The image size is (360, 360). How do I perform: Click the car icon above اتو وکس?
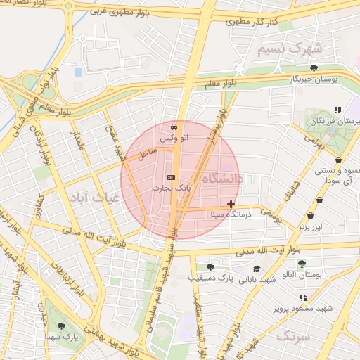pyautogui.click(x=173, y=128)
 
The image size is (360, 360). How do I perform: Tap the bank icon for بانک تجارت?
pyautogui.click(x=170, y=178)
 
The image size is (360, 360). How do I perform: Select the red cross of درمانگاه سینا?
pyautogui.click(x=231, y=204)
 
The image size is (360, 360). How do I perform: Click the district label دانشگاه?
pyautogui.click(x=221, y=180)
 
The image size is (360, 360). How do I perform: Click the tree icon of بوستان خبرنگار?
pyautogui.click(x=313, y=68)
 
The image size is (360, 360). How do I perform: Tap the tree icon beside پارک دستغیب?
pyautogui.click(x=210, y=267)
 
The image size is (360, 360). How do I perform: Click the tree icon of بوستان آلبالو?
pyautogui.click(x=302, y=264)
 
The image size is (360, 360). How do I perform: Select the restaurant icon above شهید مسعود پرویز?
pyautogui.click(x=304, y=298)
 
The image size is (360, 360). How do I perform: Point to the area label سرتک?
pyautogui.click(x=292, y=336)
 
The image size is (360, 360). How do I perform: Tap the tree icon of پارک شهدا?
pyautogui.click(x=62, y=326)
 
